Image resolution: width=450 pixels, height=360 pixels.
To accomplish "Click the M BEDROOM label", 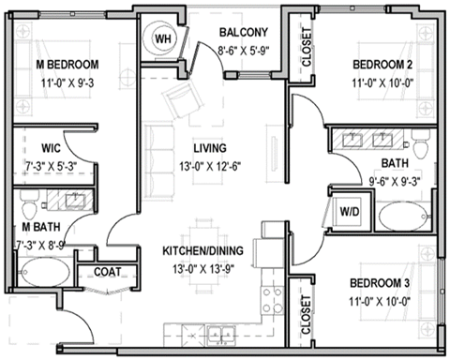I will coord(67,65).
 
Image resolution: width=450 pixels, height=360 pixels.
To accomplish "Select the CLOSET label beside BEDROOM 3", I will coord(307,317).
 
